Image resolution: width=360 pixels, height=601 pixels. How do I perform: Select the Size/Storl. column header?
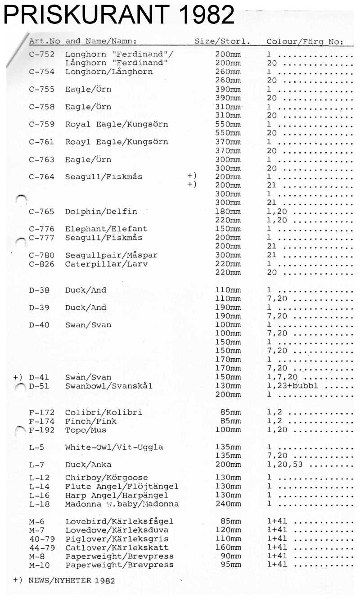coord(222,41)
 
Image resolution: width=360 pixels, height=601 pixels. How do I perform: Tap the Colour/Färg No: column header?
coord(305,41)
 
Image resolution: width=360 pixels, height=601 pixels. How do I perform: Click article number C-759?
coord(41,124)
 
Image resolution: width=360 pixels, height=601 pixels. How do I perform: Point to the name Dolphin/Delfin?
coord(101,212)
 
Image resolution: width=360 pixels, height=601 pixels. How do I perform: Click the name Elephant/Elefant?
coord(106,229)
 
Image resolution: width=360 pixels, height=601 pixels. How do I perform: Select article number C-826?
coord(41,264)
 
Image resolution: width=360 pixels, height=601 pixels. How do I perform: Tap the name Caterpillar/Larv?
coord(106,264)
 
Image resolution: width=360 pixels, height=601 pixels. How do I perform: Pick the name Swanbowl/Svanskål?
coord(109,386)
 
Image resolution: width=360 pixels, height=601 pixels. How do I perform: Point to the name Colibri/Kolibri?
coord(103,412)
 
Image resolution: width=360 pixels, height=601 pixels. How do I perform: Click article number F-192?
coord(41,430)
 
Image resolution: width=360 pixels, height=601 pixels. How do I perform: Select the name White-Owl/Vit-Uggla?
coord(114,447)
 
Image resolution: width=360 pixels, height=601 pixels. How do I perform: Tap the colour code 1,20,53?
coord(283,465)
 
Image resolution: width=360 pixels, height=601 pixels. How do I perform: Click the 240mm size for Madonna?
coord(228,504)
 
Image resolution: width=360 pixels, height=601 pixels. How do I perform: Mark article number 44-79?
coord(41,548)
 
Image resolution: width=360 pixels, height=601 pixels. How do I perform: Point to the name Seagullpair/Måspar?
coord(112,255)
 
